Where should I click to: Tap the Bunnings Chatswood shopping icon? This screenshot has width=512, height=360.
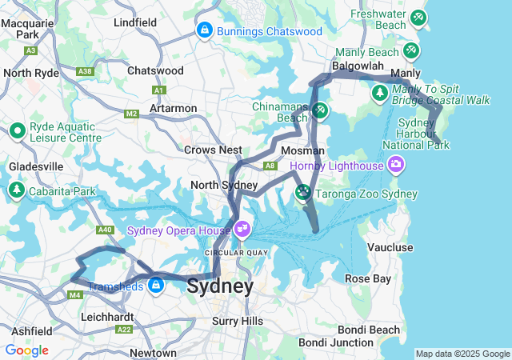coord(204,31)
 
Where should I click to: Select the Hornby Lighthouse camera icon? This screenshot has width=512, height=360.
coord(395,166)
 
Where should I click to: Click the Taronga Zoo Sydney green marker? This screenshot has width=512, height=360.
coord(303,192)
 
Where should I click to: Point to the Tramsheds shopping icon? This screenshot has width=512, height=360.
coord(155,286)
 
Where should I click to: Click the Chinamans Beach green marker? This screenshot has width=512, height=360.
coord(319,110)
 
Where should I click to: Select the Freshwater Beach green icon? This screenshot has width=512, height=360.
coord(417,17)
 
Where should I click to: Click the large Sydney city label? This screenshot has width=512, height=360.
coord(220,286)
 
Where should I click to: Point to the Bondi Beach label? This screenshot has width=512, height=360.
coord(369,330)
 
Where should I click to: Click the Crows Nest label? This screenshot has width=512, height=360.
coord(213,150)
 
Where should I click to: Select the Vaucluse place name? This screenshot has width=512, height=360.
coord(390,247)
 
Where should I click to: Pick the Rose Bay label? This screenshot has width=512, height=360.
coord(368,278)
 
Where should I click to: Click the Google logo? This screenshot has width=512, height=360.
coord(26,350)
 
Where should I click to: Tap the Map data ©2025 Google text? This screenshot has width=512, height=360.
coord(462,354)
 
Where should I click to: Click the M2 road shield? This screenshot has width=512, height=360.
coord(131,114)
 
